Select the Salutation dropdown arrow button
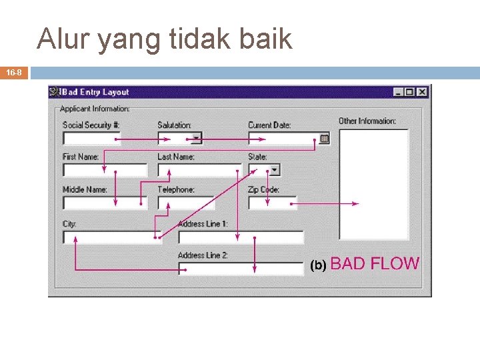pyautogui.click(x=196, y=139)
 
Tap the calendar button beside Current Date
pyautogui.click(x=324, y=139)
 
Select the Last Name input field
pyautogui.click(x=199, y=170)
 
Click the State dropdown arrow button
pyautogui.click(x=274, y=170)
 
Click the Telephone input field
pyautogui.click(x=186, y=202)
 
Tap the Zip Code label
pyautogui.click(x=263, y=190)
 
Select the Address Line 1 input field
pyautogui.click(x=241, y=237)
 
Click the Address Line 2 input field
pyautogui.click(x=241, y=268)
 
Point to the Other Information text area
pyautogui.click(x=373, y=183)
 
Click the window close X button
pyautogui.click(x=421, y=92)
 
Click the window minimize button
pyautogui.click(x=398, y=92)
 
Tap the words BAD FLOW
pyautogui.click(x=375, y=263)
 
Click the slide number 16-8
pyautogui.click(x=14, y=72)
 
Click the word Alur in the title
pyautogui.click(x=63, y=39)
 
